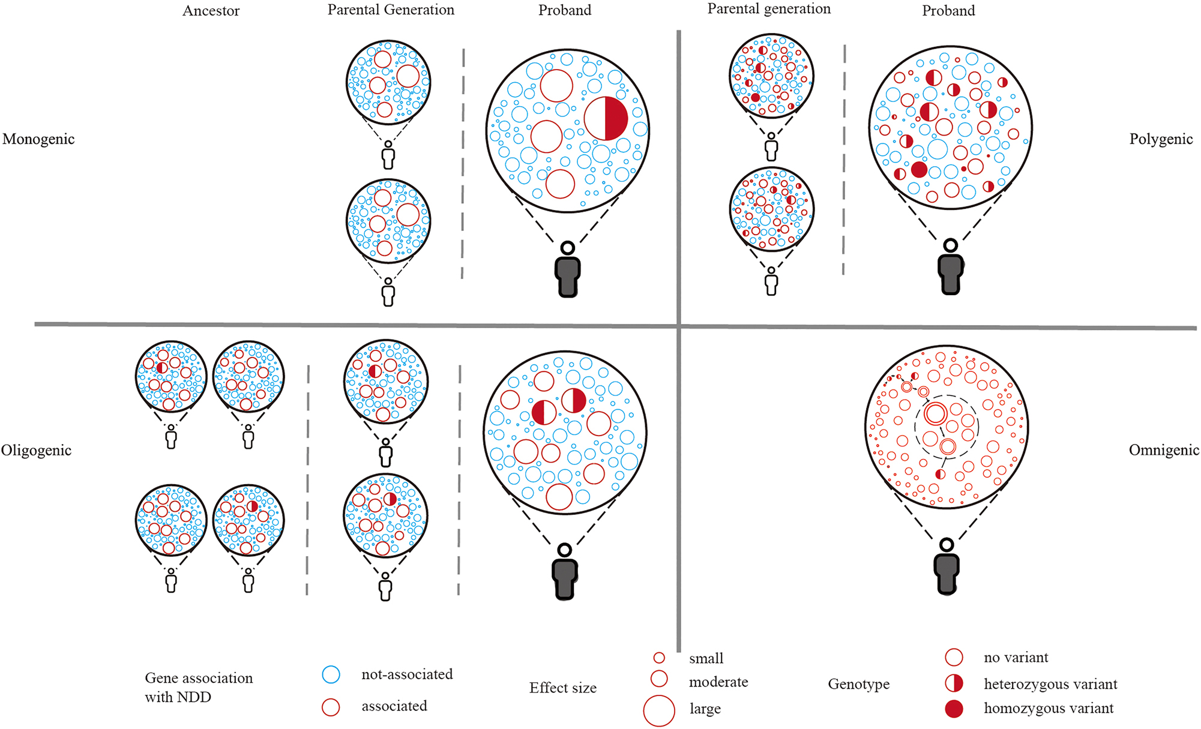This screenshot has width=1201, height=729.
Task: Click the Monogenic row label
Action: tap(38, 139)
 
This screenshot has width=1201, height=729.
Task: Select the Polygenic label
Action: tap(1160, 139)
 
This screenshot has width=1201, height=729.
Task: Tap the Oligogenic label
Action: tap(36, 451)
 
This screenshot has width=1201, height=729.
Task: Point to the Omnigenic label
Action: tap(1163, 451)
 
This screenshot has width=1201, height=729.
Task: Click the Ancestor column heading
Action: tap(211, 11)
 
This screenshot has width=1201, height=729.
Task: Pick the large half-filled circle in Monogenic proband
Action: tap(606, 118)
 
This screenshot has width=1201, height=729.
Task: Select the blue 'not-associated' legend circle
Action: tap(331, 674)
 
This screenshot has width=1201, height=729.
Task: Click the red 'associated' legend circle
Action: tap(331, 707)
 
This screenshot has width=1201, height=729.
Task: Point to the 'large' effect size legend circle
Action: tap(659, 710)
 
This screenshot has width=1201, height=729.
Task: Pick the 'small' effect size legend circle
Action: tap(659, 658)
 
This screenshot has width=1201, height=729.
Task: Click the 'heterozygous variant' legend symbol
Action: tap(954, 683)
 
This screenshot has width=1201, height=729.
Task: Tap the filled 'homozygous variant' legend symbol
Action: tap(954, 709)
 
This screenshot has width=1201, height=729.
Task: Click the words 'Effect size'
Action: tap(562, 688)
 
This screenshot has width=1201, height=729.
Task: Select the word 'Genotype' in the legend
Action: tap(858, 684)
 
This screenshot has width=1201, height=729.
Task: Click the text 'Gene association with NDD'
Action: tap(198, 688)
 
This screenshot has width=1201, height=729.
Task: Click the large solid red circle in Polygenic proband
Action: tap(919, 169)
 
